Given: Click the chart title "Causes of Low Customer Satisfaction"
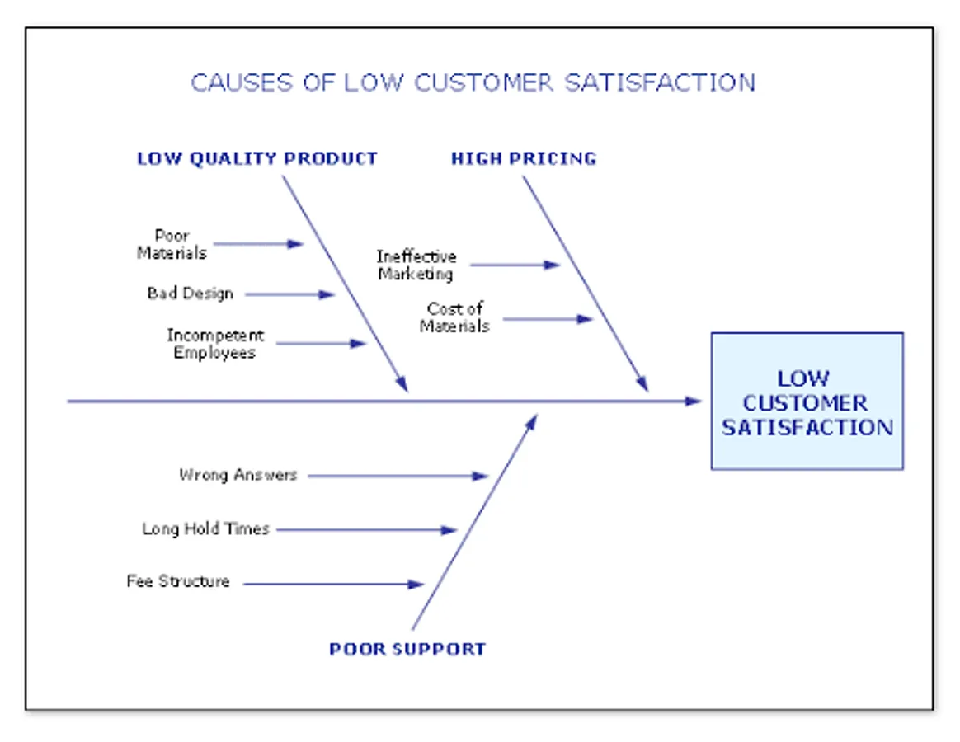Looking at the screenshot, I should [473, 82].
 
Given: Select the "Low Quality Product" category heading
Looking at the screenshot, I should [256, 158].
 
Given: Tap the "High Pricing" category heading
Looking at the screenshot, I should [523, 158].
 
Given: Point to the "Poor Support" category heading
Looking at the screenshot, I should [407, 649].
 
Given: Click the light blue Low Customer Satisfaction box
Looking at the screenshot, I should [807, 402].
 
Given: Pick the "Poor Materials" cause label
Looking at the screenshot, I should [172, 244].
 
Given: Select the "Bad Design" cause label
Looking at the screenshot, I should [190, 294].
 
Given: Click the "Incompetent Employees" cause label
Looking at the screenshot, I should [215, 344].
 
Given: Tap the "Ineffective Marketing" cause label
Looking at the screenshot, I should [416, 265].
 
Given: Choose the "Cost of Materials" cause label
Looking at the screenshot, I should [454, 317].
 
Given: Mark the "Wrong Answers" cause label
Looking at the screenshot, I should [238, 475].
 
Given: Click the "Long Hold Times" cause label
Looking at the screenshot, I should [205, 529].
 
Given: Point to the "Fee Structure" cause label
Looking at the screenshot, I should [178, 581].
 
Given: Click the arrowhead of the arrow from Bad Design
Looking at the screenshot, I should [327, 294].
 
